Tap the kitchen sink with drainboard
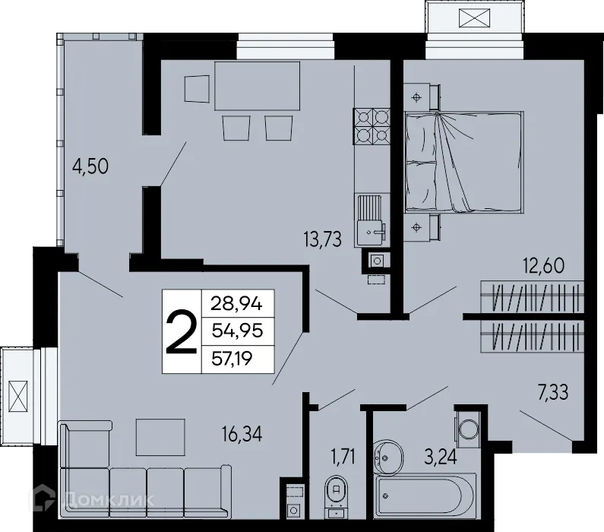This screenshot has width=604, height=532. point(372,218)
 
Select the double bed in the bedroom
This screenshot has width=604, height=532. point(463,162)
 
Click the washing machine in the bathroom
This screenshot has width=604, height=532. point(467,428)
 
